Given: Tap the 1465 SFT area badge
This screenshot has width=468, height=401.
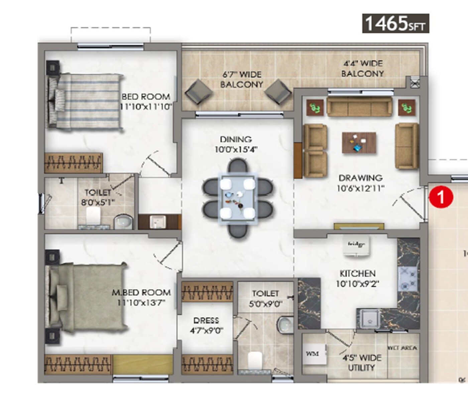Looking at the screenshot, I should tap(395, 23).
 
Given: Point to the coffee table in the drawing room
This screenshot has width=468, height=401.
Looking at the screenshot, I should tap(359, 143).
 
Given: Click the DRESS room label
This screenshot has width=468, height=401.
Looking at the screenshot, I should tap(206, 320).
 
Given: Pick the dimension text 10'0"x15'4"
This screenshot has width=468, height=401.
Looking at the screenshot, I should tap(236, 149).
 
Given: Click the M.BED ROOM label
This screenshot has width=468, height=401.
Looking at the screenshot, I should tap(141, 292).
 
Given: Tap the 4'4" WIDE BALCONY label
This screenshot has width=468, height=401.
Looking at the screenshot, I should tap(363, 69).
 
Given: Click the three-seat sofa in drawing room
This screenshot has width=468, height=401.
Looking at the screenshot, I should tap(359, 107).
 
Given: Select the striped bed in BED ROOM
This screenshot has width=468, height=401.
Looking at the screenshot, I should tap(85, 101).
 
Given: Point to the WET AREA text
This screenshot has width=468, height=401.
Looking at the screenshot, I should tap(402, 348).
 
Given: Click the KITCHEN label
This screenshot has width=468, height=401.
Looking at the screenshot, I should tap(357, 273).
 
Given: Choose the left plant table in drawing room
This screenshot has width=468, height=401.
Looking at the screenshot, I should tap(315, 107).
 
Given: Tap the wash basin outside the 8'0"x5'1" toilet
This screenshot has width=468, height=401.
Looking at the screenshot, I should tap(157, 222).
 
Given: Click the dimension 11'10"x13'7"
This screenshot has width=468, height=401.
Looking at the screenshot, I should tap(141, 303).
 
